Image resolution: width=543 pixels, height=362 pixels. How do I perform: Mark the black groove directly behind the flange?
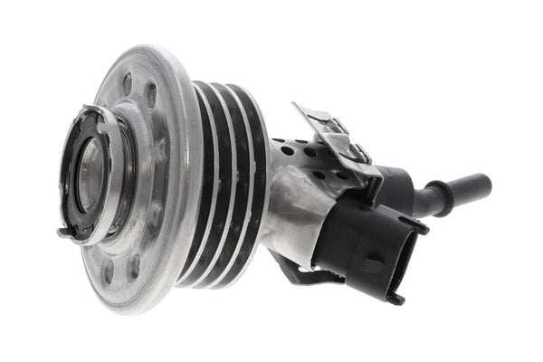(x=200, y=181)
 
